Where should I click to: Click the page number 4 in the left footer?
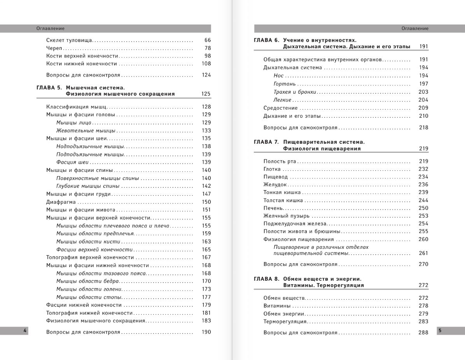click(x=24, y=330)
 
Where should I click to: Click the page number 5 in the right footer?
click(x=440, y=330)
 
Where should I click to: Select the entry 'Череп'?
click(x=54, y=48)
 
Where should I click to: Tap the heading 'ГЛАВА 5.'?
click(x=49, y=88)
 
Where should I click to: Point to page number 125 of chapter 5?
click(x=206, y=94)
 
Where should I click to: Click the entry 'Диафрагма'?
click(x=61, y=202)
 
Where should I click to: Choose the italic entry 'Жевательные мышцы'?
click(x=86, y=131)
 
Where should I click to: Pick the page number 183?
click(x=206, y=321)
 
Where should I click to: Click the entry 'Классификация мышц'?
click(x=76, y=107)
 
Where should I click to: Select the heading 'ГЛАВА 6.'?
click(x=266, y=40)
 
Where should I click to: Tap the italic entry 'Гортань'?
click(x=285, y=84)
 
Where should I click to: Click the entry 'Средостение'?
click(x=280, y=108)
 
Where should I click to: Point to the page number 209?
click(x=423, y=108)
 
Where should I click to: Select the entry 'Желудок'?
click(x=275, y=185)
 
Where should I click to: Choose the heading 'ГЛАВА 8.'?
click(x=266, y=279)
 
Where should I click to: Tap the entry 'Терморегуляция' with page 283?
click(x=285, y=322)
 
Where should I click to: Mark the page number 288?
click(x=423, y=332)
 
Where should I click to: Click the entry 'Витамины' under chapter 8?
click(x=277, y=306)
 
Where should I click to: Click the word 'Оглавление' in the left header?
click(x=51, y=28)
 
